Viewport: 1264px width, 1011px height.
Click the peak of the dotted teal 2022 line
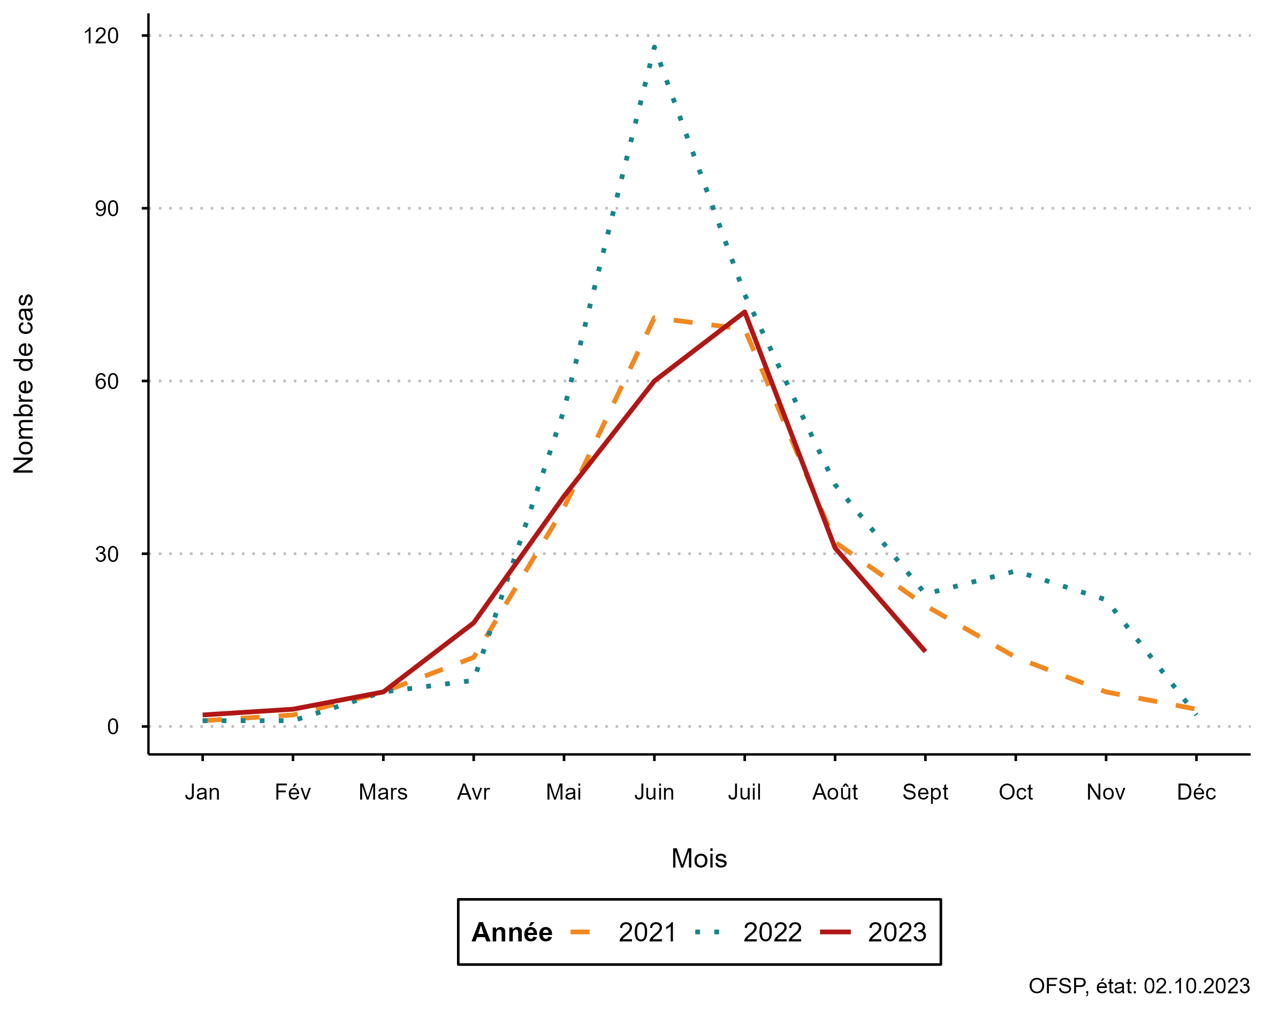[654, 47]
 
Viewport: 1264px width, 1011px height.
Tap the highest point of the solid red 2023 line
[744, 311]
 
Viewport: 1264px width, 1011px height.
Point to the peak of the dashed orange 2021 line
[655, 318]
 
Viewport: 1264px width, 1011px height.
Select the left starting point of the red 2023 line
[203, 716]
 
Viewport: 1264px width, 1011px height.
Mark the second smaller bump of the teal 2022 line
[1013, 571]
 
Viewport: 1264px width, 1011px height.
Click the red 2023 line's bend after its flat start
[383, 692]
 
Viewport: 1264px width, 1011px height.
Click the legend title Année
[511, 932]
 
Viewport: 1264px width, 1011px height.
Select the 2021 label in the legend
[647, 932]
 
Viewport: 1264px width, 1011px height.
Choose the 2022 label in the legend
[772, 932]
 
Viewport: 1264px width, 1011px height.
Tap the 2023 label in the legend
[897, 932]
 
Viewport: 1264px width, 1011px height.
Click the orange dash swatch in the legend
[580, 932]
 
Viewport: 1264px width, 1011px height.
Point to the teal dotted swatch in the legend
[707, 932]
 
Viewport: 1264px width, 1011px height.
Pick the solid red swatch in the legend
[835, 932]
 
